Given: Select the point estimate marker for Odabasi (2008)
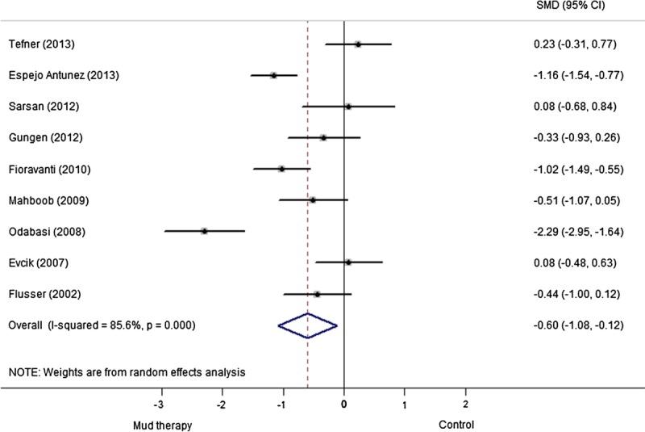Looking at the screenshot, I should coord(204,231).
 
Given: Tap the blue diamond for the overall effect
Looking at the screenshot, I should coord(307,325).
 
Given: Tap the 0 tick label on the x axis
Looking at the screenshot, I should coord(344,404).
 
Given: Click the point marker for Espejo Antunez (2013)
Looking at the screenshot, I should coord(273,75).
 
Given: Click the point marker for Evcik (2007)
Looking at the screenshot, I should coord(348,262).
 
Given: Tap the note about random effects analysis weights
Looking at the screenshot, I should coord(127,372).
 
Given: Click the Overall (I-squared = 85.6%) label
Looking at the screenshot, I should coord(101,325).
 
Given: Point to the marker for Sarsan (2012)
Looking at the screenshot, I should coord(348,107).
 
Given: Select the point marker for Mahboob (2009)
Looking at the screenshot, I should coord(313,200).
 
